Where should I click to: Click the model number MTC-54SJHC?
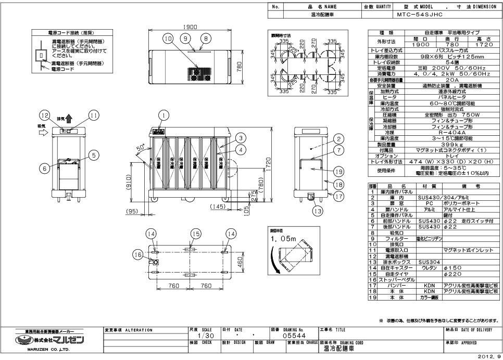coord(420,15)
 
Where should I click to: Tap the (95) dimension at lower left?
coord(131,211)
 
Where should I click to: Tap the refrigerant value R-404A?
coord(448,133)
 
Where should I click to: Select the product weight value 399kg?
coord(448,144)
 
